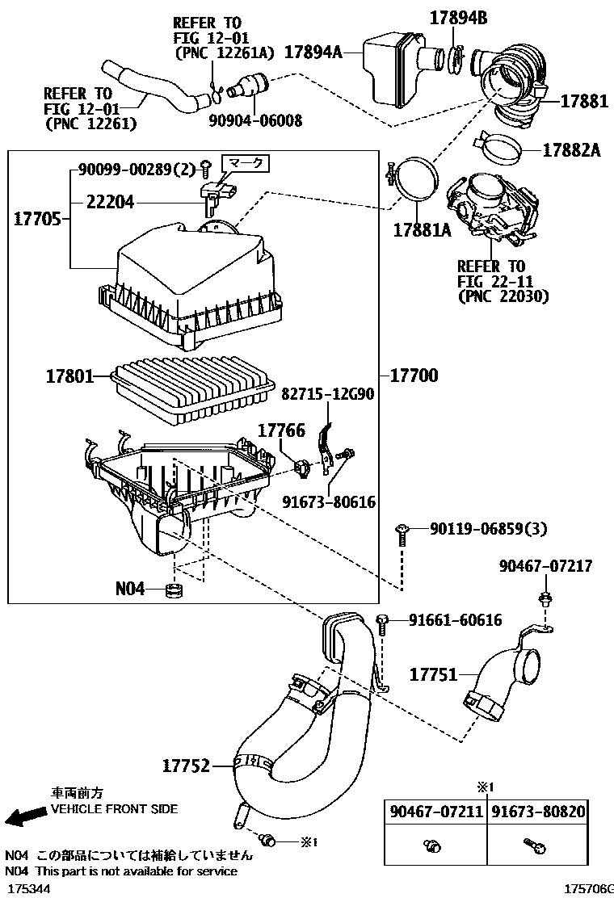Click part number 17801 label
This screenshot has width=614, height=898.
pyautogui.click(x=68, y=376)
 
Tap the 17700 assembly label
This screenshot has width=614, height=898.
pyautogui.click(x=414, y=376)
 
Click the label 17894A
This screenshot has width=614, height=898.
pyautogui.click(x=312, y=54)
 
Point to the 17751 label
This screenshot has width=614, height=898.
pyautogui.click(x=433, y=673)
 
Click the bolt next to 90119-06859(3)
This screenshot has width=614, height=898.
pyautogui.click(x=402, y=531)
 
